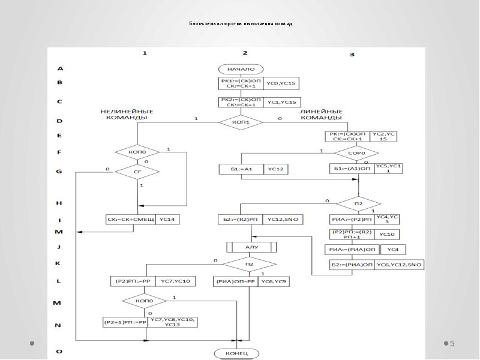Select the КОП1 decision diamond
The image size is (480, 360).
(x=240, y=122)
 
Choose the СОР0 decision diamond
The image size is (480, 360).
(x=356, y=153)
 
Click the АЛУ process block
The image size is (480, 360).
(x=251, y=247)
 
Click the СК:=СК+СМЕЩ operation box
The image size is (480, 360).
(x=131, y=220)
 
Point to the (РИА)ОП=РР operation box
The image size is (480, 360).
(x=236, y=281)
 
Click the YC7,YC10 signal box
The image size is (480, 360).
(x=174, y=281)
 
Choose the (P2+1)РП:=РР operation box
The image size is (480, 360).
(x=125, y=322)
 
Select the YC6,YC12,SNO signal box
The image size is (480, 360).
(x=400, y=265)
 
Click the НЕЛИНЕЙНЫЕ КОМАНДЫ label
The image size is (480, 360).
(x=127, y=115)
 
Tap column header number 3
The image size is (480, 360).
(x=352, y=55)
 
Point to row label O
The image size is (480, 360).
(x=59, y=351)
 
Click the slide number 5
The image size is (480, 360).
(x=452, y=344)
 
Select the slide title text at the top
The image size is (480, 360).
(x=240, y=24)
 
